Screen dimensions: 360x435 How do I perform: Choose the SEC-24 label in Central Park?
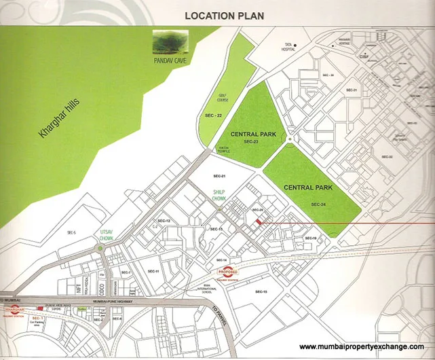pyautogui.click(x=320, y=204)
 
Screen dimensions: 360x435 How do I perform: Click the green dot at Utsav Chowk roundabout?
pyautogui.click(x=100, y=249)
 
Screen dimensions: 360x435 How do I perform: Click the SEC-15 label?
pyautogui.click(x=261, y=291)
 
